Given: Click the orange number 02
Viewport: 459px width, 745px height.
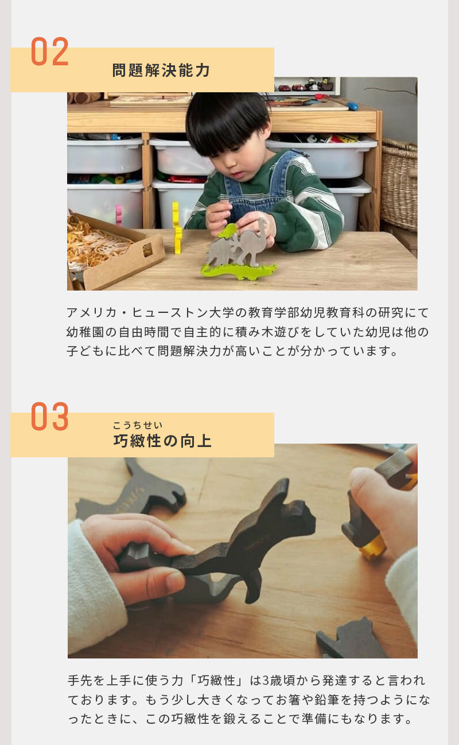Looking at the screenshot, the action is point(50,51).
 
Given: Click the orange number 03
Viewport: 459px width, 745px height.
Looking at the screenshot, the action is point(50,416).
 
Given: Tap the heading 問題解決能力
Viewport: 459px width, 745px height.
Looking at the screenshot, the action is point(161,70).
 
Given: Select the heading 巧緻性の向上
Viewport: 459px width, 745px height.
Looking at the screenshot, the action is point(162,441).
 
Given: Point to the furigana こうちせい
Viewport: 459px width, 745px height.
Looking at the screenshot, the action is point(138,425).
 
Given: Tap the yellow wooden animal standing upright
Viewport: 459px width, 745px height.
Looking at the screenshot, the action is point(177,228).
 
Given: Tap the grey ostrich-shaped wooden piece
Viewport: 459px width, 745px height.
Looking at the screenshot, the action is point(251,241).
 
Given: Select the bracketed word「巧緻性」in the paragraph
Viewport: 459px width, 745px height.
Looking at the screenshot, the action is point(216,680).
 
